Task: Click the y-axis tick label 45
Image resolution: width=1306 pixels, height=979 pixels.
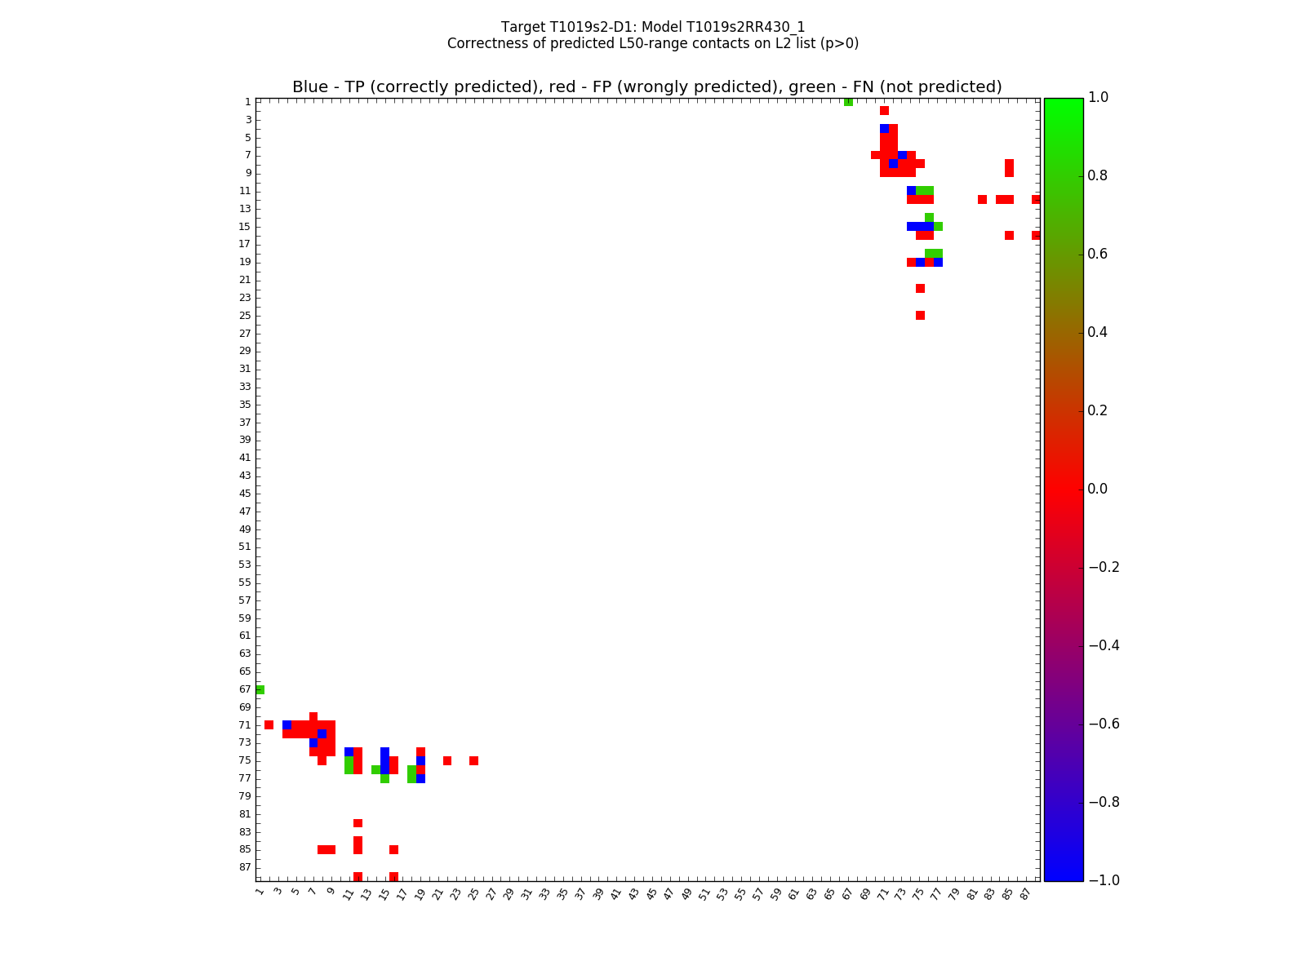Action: coord(245,494)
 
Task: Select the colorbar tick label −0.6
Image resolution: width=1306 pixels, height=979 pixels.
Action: coord(1103,724)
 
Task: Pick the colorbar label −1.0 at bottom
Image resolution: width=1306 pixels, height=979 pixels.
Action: coord(1103,880)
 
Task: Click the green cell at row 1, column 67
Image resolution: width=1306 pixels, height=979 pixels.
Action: coord(848,102)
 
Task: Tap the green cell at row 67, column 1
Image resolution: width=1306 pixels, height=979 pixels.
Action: coord(260,689)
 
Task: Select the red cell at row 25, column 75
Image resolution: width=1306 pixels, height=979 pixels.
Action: coord(920,315)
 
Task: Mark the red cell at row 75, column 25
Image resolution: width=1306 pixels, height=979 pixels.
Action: coord(473,760)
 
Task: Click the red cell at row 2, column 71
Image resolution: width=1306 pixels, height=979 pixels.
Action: coord(884,111)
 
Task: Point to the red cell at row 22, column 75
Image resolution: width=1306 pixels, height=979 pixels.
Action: coord(920,288)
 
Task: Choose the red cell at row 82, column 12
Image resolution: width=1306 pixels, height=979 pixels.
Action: coord(358,823)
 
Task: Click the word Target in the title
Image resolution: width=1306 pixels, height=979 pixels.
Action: coord(522,27)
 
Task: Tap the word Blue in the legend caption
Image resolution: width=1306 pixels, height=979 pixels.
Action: coord(310,87)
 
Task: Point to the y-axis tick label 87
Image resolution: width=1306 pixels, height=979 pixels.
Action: coord(245,867)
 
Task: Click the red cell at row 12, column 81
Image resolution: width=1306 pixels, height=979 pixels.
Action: coord(982,200)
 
